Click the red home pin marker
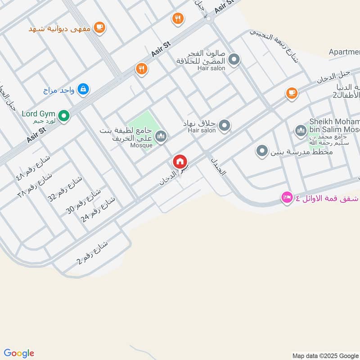(x=180, y=162)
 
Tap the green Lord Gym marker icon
(x=64, y=117)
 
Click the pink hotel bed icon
(x=287, y=197)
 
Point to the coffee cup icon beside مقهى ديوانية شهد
(x=99, y=28)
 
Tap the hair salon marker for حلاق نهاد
(x=224, y=126)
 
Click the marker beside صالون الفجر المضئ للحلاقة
(x=234, y=59)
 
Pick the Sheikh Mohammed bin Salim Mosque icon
(x=301, y=131)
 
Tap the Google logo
(x=19, y=353)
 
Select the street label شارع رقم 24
(x=98, y=210)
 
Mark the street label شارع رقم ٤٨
(x=34, y=167)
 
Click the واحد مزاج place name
(x=58, y=90)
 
